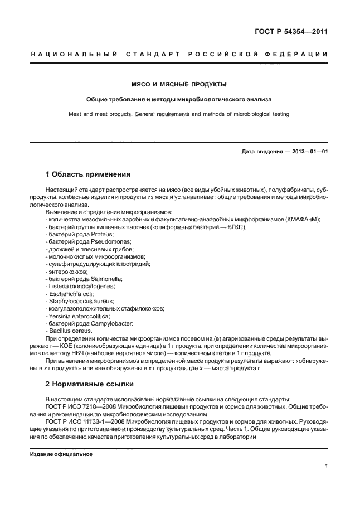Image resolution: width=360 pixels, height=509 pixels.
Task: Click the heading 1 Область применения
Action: (87, 174)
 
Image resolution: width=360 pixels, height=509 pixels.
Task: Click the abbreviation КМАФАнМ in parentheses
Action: (301, 220)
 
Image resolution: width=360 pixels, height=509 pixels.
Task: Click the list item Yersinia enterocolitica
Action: (79, 316)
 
